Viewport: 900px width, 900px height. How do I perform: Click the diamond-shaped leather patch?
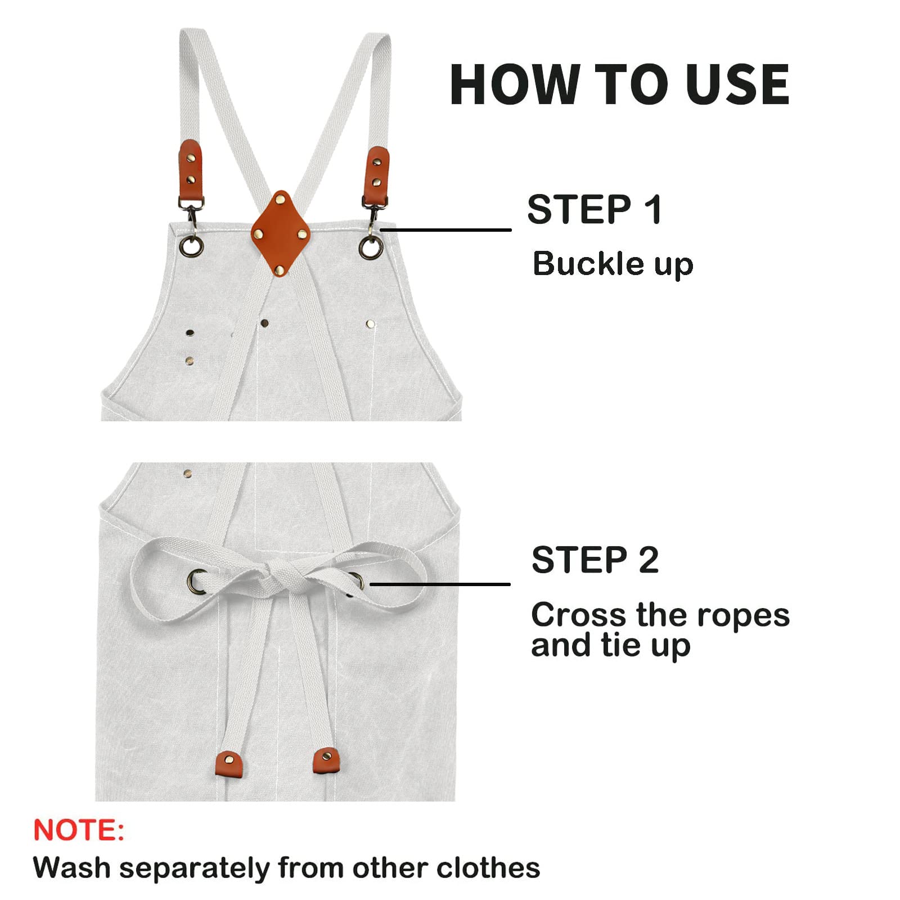[x=281, y=233]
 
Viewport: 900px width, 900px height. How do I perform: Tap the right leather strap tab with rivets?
[x=376, y=177]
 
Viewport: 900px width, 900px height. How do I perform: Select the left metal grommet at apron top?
[x=192, y=246]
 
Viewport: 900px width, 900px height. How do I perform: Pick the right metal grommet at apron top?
[x=371, y=247]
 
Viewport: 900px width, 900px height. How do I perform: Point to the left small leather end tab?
[x=229, y=763]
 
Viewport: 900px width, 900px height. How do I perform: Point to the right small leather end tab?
[x=327, y=760]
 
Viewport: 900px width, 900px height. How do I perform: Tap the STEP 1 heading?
[x=595, y=209]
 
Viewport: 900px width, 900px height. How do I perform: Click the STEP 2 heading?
[x=595, y=560]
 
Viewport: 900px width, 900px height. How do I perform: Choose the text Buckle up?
[x=613, y=264]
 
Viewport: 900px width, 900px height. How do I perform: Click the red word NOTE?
[x=79, y=830]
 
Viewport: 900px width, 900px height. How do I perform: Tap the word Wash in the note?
[x=71, y=867]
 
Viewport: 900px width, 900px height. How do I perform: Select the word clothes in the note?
[x=488, y=867]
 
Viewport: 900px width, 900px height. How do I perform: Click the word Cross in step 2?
[x=579, y=615]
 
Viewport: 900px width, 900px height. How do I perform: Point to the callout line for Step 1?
[x=445, y=229]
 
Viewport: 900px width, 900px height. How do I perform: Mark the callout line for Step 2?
[x=440, y=584]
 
